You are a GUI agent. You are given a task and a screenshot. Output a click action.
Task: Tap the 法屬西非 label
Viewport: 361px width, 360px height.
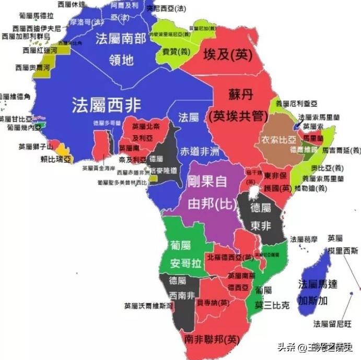pyautogui.click(x=107, y=105)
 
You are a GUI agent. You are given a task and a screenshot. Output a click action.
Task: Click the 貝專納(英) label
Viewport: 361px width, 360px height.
pyautogui.click(x=213, y=302)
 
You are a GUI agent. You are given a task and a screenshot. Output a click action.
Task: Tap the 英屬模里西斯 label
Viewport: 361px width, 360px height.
pyautogui.click(x=343, y=244)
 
